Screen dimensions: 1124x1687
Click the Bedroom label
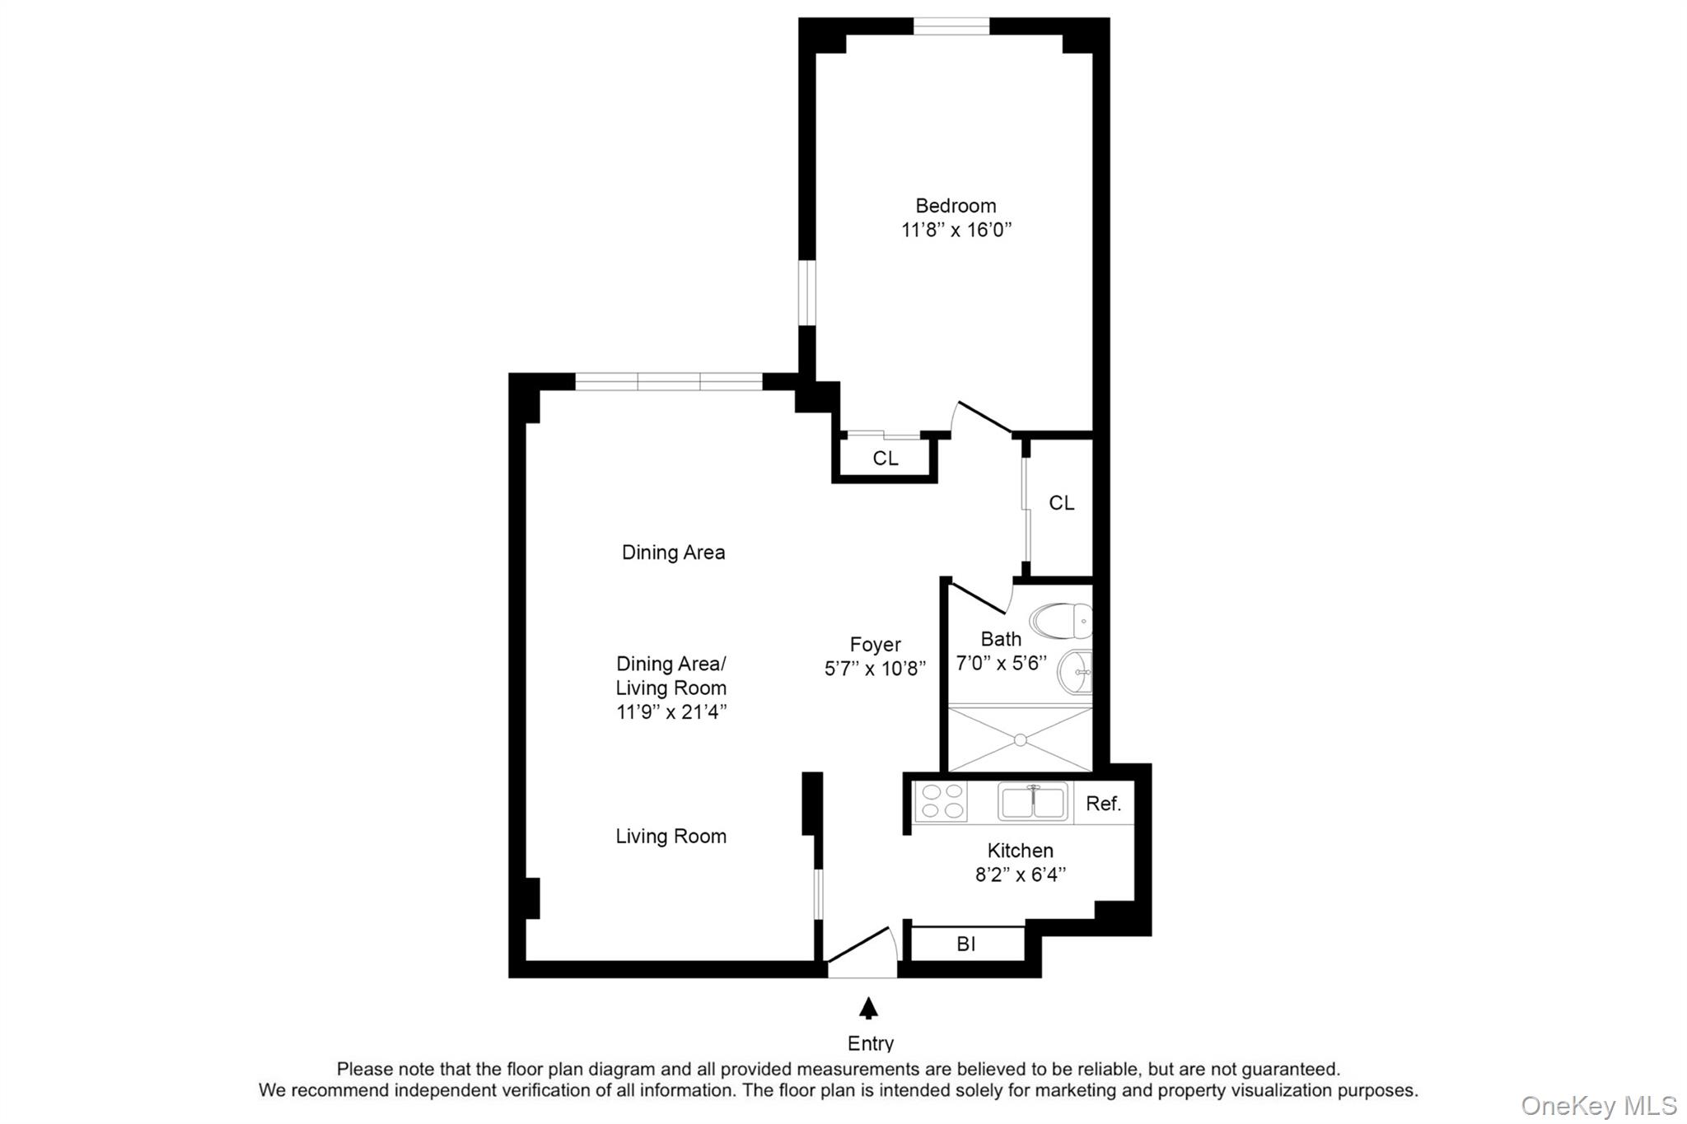click(x=956, y=206)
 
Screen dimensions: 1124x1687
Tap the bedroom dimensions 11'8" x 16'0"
click(x=956, y=230)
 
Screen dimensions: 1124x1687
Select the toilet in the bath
click(x=1061, y=621)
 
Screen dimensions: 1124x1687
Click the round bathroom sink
click(x=1076, y=672)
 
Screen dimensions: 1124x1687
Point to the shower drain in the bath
click(x=1021, y=740)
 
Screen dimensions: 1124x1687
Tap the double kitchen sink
click(x=1033, y=801)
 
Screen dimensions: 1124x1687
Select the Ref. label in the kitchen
click(x=1103, y=804)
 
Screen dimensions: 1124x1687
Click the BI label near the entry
click(x=966, y=944)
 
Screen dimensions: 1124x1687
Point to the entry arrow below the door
click(x=868, y=1008)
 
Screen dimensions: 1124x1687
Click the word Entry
click(x=871, y=1043)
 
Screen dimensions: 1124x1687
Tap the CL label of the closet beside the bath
click(x=1061, y=503)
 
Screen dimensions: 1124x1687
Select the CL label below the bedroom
click(x=886, y=459)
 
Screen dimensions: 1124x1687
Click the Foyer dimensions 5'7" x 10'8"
click(x=875, y=668)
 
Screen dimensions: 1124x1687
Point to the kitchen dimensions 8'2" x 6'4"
click(x=1021, y=874)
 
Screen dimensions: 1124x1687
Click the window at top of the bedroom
click(x=951, y=26)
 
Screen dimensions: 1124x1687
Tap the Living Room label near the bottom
click(x=671, y=837)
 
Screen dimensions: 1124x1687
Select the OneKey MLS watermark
click(x=1598, y=1105)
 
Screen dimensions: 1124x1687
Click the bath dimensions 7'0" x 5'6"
click(x=1001, y=663)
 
